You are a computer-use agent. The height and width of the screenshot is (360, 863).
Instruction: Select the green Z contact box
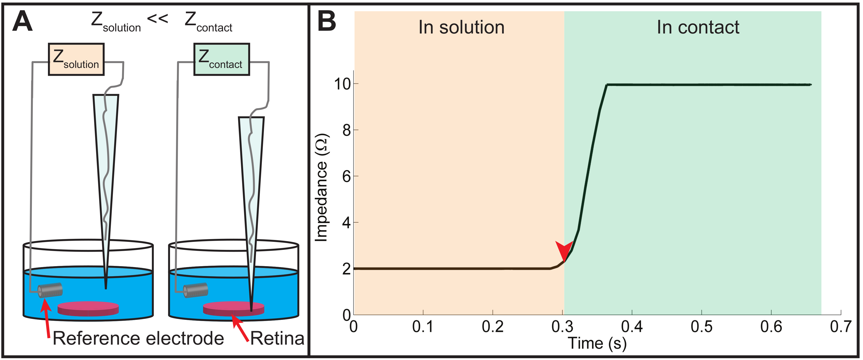click(221, 59)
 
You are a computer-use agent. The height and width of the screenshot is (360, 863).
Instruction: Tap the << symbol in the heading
click(157, 19)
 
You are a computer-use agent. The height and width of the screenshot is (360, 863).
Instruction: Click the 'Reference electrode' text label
click(138, 338)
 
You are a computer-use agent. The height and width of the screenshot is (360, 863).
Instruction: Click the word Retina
click(277, 338)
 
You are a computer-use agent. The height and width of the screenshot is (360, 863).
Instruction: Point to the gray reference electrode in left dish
click(50, 290)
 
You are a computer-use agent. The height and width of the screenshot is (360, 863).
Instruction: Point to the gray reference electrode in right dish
click(196, 290)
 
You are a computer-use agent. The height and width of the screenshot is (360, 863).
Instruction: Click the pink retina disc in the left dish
click(88, 308)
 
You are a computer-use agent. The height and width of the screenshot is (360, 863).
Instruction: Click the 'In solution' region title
click(461, 28)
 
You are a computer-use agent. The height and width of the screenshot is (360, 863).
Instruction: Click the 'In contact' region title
click(698, 28)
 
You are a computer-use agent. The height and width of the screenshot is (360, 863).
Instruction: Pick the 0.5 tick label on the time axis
click(701, 327)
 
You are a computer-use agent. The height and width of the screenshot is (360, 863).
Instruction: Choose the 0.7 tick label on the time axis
click(841, 327)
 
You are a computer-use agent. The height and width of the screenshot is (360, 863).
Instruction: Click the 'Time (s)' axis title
click(597, 343)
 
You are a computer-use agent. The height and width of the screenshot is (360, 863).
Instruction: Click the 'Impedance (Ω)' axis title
click(322, 187)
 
